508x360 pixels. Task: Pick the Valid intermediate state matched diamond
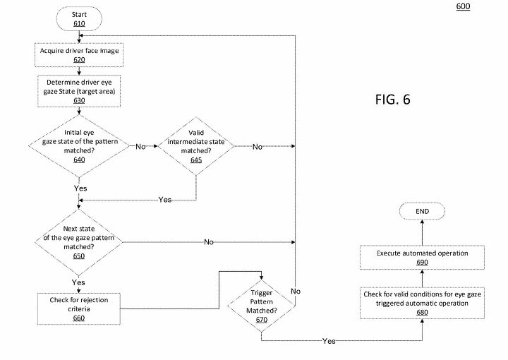click(x=196, y=146)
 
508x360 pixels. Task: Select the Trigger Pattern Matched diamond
click(x=262, y=305)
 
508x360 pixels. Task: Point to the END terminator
click(x=421, y=212)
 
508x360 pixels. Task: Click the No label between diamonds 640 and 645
click(x=140, y=146)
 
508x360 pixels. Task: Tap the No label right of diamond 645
click(x=258, y=146)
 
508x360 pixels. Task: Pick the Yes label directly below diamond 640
click(x=80, y=189)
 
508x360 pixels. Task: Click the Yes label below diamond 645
click(x=164, y=200)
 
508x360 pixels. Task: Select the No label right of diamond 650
click(x=209, y=241)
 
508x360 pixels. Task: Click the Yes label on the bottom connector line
click(x=329, y=340)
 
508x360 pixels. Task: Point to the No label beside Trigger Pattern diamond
click(x=296, y=291)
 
